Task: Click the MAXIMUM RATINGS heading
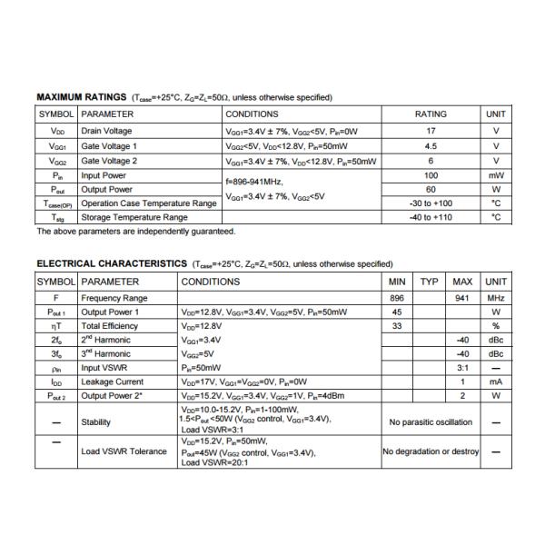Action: [x=83, y=97]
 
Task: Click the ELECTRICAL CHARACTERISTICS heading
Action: [x=112, y=263]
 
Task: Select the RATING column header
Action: [x=431, y=114]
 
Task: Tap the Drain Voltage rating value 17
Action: [x=431, y=131]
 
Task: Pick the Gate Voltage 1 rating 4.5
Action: [x=431, y=145]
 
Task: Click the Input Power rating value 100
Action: [x=431, y=175]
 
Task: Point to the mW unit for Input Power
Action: [x=496, y=175]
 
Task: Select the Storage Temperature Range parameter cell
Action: [x=134, y=218]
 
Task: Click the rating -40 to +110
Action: [x=431, y=218]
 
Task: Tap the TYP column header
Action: [x=430, y=282]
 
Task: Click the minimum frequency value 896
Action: [x=397, y=298]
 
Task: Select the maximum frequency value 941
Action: [x=462, y=298]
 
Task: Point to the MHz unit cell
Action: [x=496, y=298]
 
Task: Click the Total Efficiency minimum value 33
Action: [x=397, y=326]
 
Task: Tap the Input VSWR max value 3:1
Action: [x=462, y=368]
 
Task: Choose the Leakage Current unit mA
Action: [x=496, y=381]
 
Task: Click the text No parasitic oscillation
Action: [x=430, y=422]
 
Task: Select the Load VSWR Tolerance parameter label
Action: [x=124, y=451]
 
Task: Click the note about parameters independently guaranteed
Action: [x=135, y=232]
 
